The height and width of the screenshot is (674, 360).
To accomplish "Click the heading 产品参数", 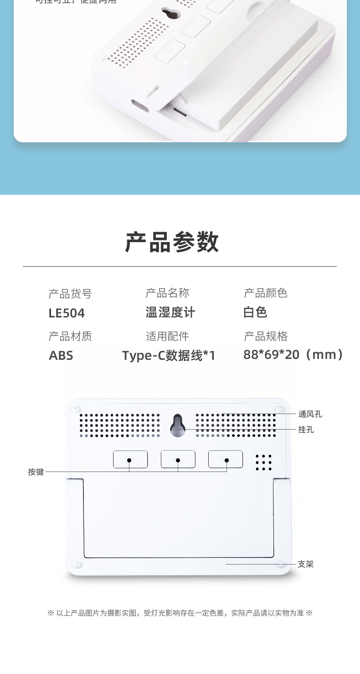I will pyautogui.click(x=172, y=242).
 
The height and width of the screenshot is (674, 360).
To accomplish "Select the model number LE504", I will pyautogui.click(x=67, y=313).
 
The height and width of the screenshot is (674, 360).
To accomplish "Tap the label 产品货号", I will pyautogui.click(x=70, y=294).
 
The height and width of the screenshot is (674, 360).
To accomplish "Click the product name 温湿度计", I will pyautogui.click(x=170, y=312).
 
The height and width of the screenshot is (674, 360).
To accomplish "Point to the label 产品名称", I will pyautogui.click(x=167, y=293).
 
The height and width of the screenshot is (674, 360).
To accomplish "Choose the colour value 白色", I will pyautogui.click(x=255, y=312).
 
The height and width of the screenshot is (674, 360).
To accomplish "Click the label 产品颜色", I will pyautogui.click(x=266, y=293).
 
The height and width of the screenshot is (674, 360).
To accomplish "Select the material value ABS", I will pyautogui.click(x=61, y=356).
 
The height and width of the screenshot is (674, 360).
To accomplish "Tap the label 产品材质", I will pyautogui.click(x=70, y=336).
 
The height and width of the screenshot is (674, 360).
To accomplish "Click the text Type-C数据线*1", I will pyautogui.click(x=168, y=356).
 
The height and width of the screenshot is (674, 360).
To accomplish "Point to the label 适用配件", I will pyautogui.click(x=167, y=336).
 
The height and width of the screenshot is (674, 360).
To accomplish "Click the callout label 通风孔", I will pyautogui.click(x=310, y=414).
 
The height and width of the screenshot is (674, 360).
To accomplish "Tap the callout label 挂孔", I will pyautogui.click(x=306, y=430).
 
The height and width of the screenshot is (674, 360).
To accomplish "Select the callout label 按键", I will pyautogui.click(x=36, y=472).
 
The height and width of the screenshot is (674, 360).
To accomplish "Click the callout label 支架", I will pyautogui.click(x=306, y=564).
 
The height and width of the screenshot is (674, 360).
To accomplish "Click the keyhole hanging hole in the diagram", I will pyautogui.click(x=178, y=426).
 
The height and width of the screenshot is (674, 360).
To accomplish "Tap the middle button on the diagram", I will pyautogui.click(x=178, y=459).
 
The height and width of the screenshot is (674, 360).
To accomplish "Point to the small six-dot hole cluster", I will pyautogui.click(x=263, y=462).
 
